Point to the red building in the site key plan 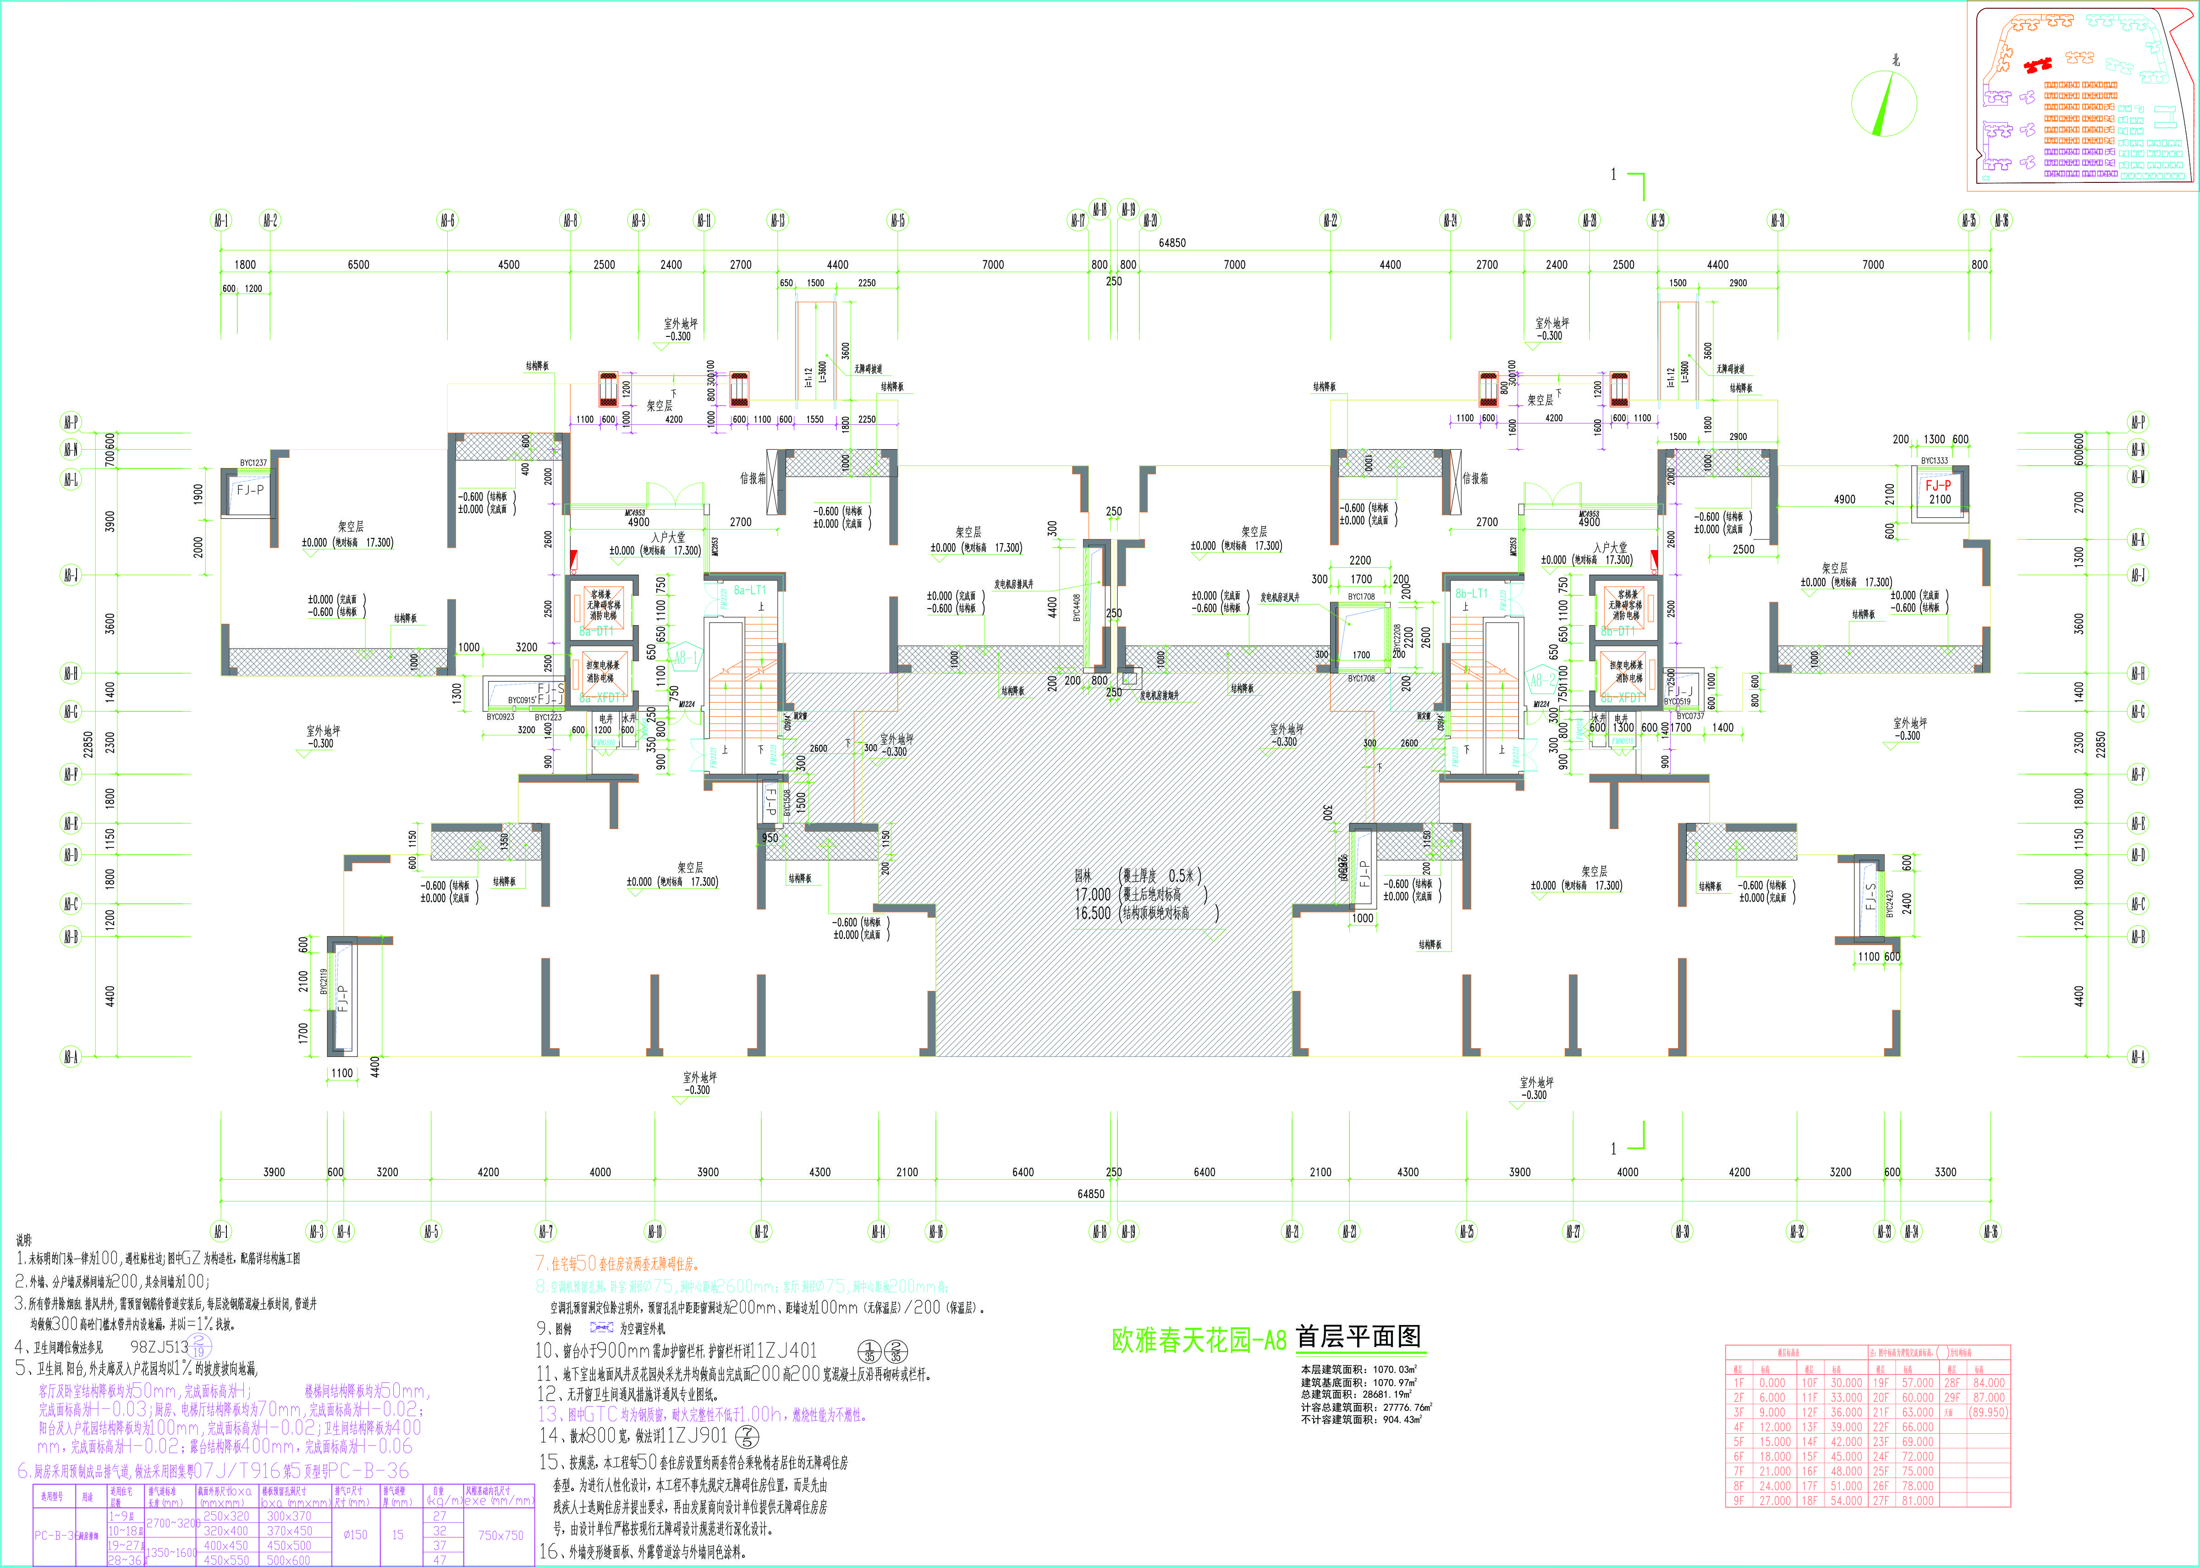[x=2036, y=66]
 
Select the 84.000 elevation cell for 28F [x=1989, y=1383]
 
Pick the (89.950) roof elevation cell [x=1989, y=1412]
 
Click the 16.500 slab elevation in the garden [x=1092, y=913]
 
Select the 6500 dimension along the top [x=358, y=264]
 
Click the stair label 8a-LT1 [x=750, y=589]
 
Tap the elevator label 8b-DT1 [x=1618, y=631]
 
